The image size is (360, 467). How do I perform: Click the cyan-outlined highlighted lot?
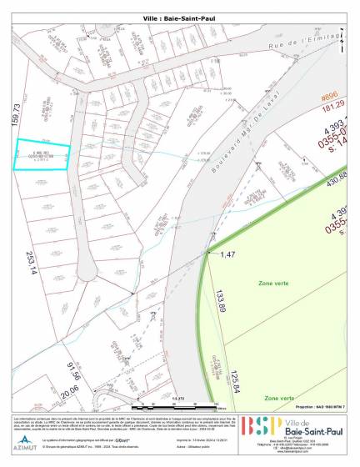click(x=40, y=153)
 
